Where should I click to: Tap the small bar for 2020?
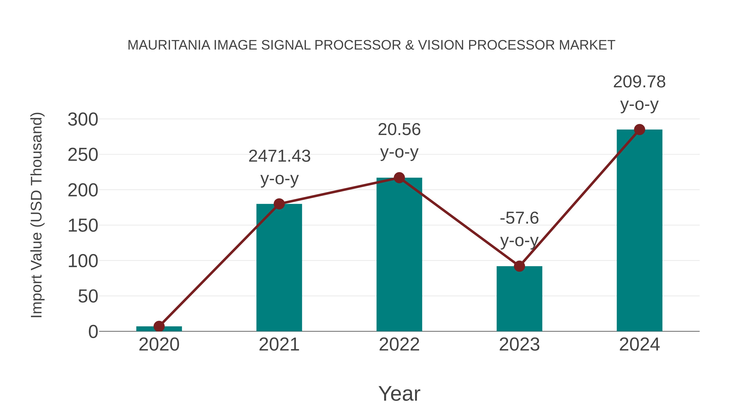(159, 329)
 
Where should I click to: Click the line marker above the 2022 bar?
(399, 178)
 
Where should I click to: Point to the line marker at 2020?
(159, 326)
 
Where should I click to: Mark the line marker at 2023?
(519, 266)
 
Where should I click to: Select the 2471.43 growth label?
(279, 156)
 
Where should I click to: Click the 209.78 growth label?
(639, 82)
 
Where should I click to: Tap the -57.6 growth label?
(519, 218)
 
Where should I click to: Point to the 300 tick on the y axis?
(83, 120)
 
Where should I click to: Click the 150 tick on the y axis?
(83, 226)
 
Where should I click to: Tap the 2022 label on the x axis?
(399, 345)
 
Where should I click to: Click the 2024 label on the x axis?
(639, 345)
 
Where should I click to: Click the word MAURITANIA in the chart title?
(169, 45)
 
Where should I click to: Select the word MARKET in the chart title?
(587, 45)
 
